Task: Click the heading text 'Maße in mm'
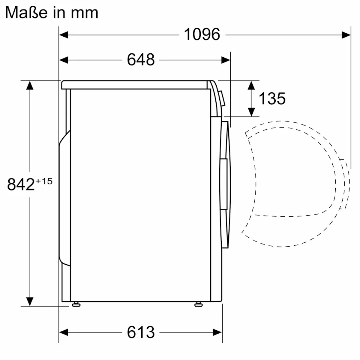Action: [52, 13]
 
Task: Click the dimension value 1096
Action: [202, 34]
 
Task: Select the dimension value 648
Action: [141, 60]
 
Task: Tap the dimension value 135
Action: [272, 98]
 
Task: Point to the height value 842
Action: [21, 184]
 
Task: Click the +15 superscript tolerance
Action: [44, 181]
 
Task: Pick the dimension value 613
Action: [141, 332]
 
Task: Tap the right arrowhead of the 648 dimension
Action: [226, 60]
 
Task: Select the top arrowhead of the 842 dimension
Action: [29, 85]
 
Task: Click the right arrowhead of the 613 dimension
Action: [217, 332]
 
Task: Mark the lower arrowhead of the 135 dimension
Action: [251, 112]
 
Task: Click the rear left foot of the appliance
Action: [76, 304]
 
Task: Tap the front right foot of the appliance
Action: [198, 304]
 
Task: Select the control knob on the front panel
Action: [222, 98]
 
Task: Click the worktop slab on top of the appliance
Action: [135, 85]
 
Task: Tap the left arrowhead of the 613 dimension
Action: [64, 332]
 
